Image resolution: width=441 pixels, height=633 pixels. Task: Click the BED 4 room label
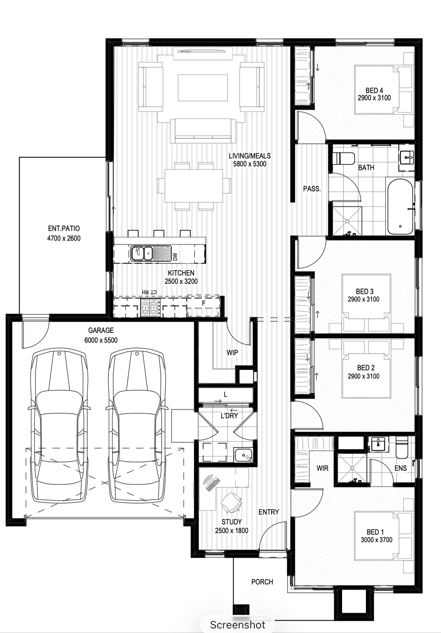click(374, 90)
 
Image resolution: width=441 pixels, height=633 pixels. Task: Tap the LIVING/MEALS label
click(250, 156)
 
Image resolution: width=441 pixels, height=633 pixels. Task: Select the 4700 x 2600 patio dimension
click(64, 238)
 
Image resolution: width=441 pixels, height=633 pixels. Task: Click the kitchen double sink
click(141, 253)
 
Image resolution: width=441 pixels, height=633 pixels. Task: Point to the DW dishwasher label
click(175, 256)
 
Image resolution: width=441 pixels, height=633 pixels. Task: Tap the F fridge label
click(204, 304)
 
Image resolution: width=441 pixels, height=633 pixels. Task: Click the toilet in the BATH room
click(344, 159)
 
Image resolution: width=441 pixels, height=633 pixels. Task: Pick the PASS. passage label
click(312, 189)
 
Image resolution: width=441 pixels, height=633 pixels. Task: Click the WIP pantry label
click(232, 352)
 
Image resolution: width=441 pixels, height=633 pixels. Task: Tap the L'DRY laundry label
click(230, 416)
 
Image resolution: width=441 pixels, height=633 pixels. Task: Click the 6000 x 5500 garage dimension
click(101, 340)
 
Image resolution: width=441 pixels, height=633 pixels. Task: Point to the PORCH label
click(262, 582)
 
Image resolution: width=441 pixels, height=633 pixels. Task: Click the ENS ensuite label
click(401, 468)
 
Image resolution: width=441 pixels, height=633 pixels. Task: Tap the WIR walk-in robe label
click(322, 468)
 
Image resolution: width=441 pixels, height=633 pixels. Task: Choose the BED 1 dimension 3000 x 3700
click(376, 540)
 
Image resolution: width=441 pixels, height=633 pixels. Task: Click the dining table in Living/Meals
click(194, 186)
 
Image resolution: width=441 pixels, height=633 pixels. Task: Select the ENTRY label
click(269, 512)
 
